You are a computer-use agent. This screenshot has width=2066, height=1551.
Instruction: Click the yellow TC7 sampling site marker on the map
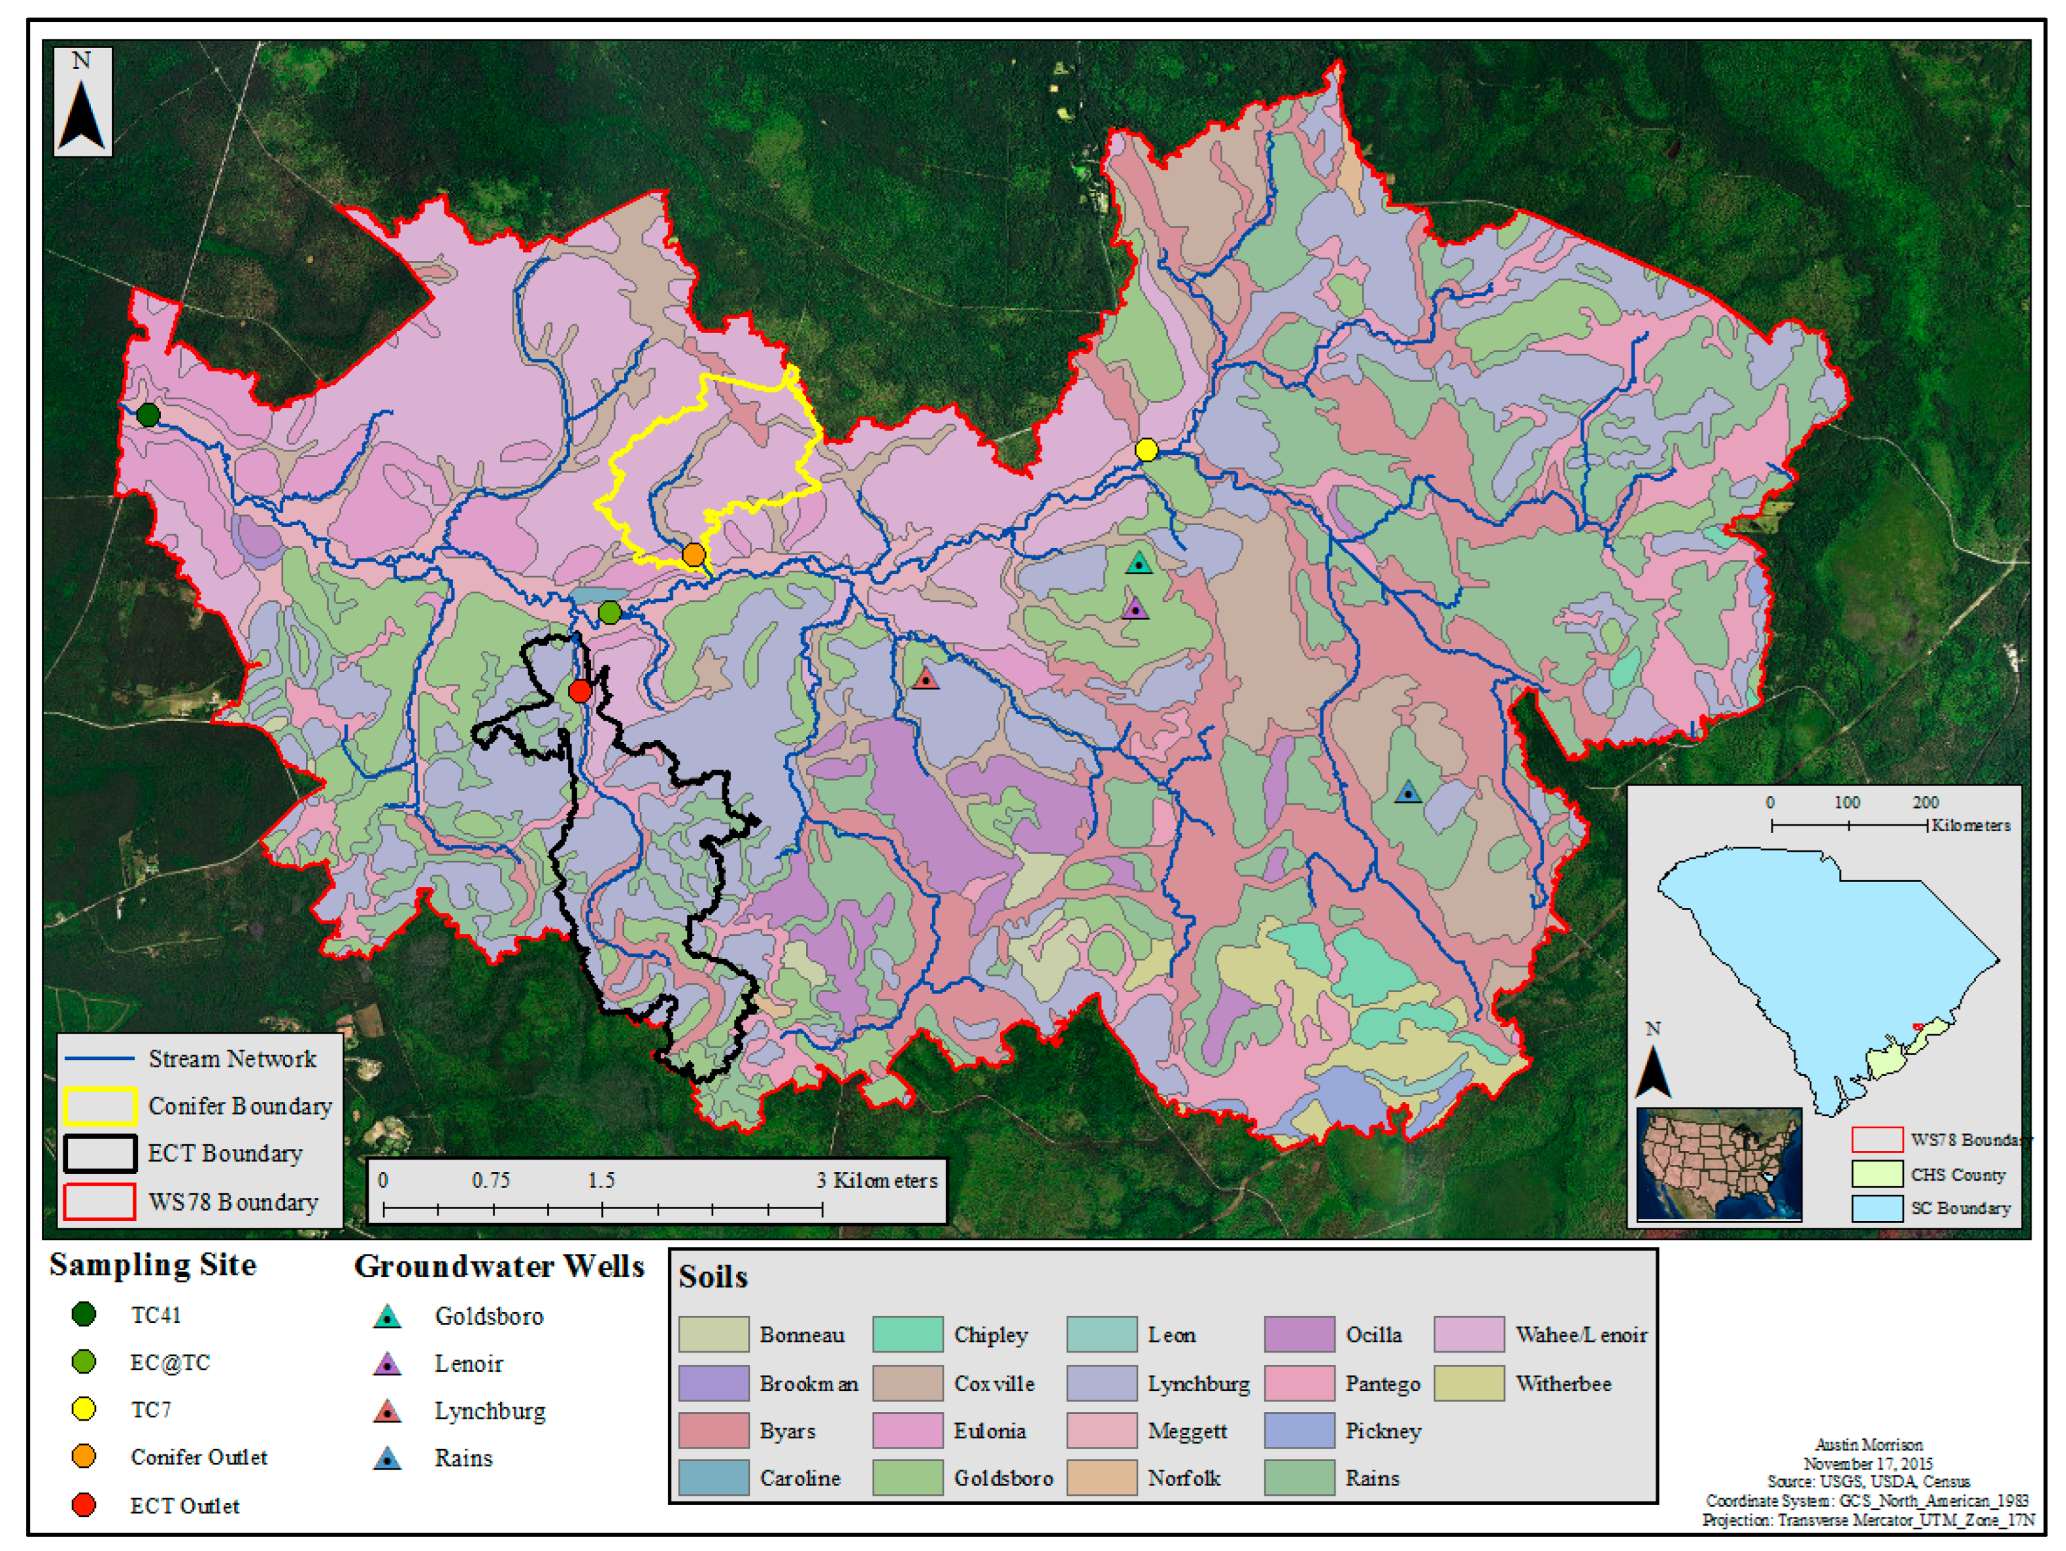pyautogui.click(x=1146, y=450)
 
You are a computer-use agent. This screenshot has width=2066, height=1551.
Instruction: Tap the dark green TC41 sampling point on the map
pyautogui.click(x=147, y=414)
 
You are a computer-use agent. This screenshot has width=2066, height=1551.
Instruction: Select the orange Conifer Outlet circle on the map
pyautogui.click(x=693, y=555)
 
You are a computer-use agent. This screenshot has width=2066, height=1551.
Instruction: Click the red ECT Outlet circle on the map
pyautogui.click(x=580, y=691)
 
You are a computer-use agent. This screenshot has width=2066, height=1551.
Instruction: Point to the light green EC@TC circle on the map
pyautogui.click(x=609, y=613)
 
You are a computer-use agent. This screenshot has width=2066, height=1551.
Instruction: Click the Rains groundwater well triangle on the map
pyautogui.click(x=1407, y=793)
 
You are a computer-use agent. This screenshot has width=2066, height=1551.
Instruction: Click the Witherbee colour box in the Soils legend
pyautogui.click(x=1469, y=1383)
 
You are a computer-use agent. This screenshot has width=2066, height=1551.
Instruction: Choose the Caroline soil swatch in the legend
pyautogui.click(x=714, y=1478)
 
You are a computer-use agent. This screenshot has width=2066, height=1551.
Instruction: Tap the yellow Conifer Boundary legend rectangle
pyautogui.click(x=100, y=1105)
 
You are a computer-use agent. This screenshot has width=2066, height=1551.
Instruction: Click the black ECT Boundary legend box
pyautogui.click(x=100, y=1153)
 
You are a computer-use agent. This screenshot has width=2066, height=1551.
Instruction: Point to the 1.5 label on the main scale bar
pyautogui.click(x=601, y=1180)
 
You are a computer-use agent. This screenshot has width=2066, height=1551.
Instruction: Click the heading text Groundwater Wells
pyautogui.click(x=499, y=1266)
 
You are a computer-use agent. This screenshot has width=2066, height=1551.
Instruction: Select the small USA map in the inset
pyautogui.click(x=1719, y=1164)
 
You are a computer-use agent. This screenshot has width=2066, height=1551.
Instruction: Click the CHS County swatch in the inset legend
pyautogui.click(x=1877, y=1174)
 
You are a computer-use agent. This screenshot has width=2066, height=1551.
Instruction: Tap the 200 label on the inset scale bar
pyautogui.click(x=1924, y=802)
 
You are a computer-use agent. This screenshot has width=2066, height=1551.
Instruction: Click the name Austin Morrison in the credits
pyautogui.click(x=1868, y=1444)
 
